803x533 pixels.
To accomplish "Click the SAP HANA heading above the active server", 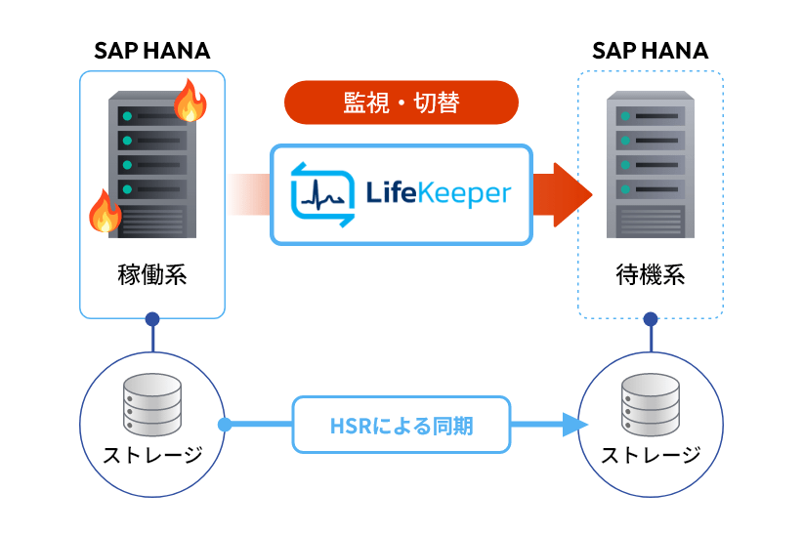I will click(151, 50).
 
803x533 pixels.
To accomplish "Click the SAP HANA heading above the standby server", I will click(650, 50).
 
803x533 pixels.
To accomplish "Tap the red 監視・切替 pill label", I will click(401, 102).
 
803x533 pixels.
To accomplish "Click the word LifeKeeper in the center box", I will click(438, 193).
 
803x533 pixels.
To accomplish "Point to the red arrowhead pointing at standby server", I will click(571, 193).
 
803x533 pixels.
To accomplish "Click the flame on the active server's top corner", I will click(190, 102).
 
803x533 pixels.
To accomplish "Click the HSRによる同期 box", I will click(401, 425).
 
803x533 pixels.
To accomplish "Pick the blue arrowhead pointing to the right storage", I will click(573, 425).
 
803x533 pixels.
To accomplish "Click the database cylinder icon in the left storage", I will click(153, 404).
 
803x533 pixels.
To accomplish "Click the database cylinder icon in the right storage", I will click(651, 404).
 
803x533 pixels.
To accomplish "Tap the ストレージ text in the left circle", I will click(152, 455).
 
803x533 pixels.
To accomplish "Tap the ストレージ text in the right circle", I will click(651, 455).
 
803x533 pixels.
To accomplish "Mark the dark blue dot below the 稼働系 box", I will click(152, 318).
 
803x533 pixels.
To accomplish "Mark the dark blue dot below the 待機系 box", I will click(651, 319).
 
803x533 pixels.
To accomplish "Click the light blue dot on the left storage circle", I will click(225, 425).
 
